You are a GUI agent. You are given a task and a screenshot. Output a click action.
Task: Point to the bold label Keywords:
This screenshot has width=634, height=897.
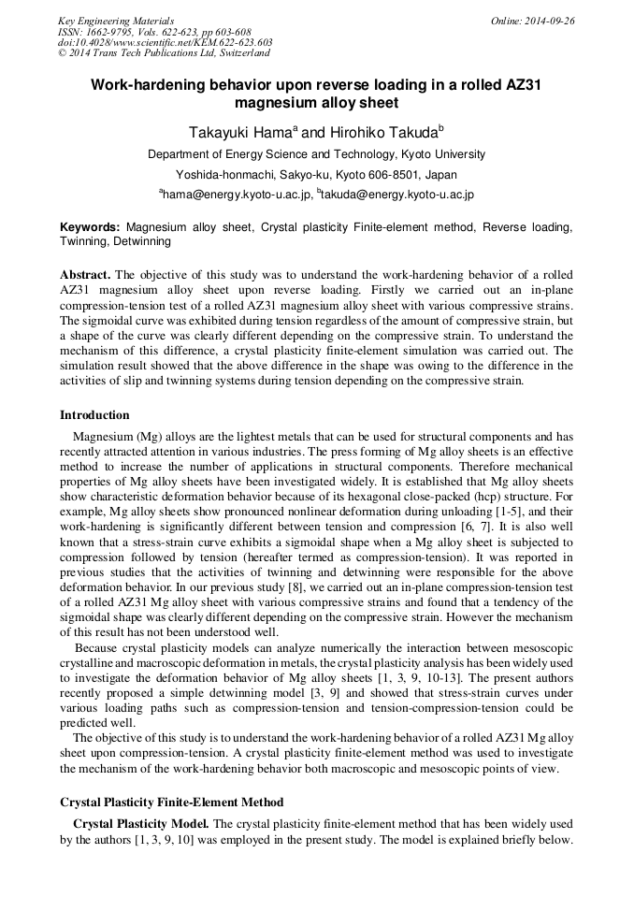click(x=90, y=227)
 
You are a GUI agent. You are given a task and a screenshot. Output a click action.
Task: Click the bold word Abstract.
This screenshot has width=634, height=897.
click(x=85, y=275)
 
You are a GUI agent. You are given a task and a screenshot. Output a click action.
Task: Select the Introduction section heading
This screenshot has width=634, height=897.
click(x=94, y=415)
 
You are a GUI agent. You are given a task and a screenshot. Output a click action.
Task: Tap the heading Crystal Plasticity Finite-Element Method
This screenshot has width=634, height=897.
click(x=171, y=803)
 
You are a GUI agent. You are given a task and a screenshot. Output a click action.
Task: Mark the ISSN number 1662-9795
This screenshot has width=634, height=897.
click(x=107, y=31)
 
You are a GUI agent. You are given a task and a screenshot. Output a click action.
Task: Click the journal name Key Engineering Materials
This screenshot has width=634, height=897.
click(x=116, y=21)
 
